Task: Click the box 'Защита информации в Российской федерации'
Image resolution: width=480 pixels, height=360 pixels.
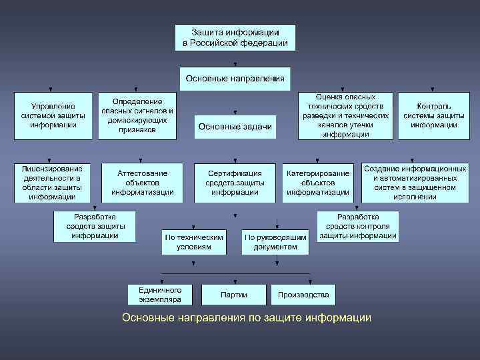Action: point(235,37)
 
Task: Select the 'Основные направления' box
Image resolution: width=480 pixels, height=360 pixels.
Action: point(235,78)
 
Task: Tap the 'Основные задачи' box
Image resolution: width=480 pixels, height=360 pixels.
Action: point(235,127)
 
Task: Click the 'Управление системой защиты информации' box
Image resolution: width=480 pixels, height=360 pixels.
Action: point(53,115)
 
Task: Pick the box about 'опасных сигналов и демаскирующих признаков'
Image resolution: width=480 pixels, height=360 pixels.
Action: point(137,115)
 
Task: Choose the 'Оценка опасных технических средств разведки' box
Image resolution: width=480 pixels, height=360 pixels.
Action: point(345,115)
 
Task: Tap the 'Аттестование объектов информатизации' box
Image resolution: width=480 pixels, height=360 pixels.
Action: point(142,183)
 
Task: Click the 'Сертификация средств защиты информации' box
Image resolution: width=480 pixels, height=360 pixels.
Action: point(235,183)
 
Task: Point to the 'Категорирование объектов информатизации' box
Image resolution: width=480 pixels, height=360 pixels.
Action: point(318,183)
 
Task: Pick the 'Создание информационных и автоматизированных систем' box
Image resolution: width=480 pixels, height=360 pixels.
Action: point(415,183)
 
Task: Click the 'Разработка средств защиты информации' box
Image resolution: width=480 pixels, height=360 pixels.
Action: point(95,227)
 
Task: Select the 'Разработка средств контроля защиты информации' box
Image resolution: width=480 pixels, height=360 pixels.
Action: point(358,227)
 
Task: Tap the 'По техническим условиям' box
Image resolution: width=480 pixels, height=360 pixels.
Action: point(193,242)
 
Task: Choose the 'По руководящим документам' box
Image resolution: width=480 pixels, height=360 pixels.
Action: point(276,242)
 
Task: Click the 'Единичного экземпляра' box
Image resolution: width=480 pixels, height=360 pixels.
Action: point(160,294)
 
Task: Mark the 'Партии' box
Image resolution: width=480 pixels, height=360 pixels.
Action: point(233,294)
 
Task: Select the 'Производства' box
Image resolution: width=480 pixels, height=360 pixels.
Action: point(303,294)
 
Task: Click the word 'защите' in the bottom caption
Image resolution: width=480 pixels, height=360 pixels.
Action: point(281,318)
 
